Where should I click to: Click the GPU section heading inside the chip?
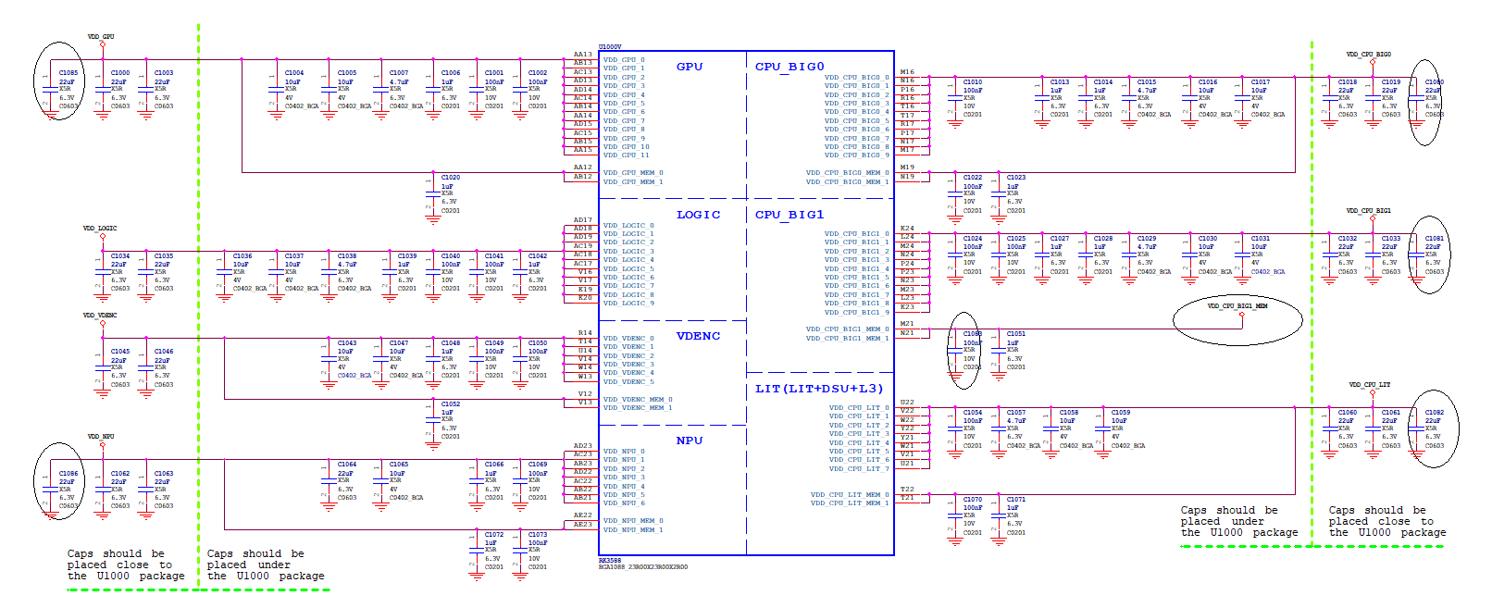tap(690, 67)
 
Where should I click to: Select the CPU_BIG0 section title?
tap(790, 67)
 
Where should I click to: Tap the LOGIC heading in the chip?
tap(698, 215)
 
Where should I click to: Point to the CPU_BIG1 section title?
tap(790, 215)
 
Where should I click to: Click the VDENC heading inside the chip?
tap(698, 336)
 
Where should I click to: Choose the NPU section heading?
tap(690, 440)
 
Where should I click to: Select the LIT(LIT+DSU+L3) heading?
tap(819, 389)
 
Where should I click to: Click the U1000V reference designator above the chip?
tap(610, 46)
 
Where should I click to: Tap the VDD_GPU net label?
tap(101, 37)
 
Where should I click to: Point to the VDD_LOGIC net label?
tap(100, 228)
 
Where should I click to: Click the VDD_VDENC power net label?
tap(100, 316)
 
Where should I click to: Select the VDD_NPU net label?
tap(101, 436)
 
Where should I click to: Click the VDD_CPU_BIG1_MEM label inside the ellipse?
tap(1237, 305)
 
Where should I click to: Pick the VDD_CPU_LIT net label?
tap(1370, 385)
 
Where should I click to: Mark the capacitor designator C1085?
tap(68, 73)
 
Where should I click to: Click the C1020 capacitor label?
tap(451, 178)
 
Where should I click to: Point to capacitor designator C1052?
tap(451, 404)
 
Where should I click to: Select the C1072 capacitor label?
tap(494, 535)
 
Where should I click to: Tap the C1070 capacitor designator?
tap(973, 500)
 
